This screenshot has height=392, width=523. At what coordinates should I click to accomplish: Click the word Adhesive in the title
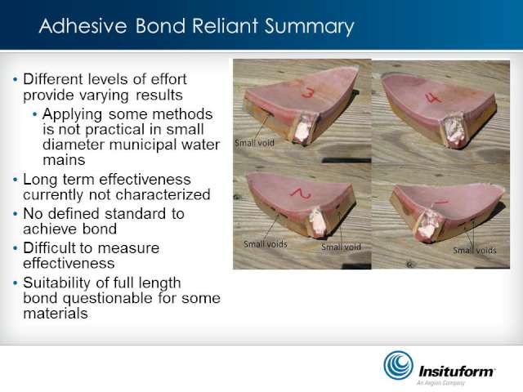[83, 26]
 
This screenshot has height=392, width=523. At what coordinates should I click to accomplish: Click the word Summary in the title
[309, 27]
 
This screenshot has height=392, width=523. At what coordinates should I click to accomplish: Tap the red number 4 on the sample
[434, 97]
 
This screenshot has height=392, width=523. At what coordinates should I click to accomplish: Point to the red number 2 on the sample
[301, 194]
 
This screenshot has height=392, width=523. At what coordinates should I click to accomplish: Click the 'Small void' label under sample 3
[254, 143]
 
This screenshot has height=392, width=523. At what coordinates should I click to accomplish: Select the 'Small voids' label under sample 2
[266, 244]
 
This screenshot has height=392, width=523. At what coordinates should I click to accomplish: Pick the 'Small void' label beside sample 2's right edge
[341, 247]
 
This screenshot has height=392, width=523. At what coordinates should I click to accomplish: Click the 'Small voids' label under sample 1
[475, 251]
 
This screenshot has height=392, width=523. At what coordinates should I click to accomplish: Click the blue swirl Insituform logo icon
[398, 365]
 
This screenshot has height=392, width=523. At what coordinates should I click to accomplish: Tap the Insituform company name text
[457, 371]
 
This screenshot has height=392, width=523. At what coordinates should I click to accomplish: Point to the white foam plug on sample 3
[303, 128]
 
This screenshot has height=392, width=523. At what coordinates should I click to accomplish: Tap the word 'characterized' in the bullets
[163, 194]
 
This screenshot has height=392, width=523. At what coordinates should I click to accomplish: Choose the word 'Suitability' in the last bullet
[57, 283]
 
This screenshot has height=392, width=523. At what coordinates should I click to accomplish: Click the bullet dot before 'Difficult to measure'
[15, 248]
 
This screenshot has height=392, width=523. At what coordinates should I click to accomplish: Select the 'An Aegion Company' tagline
[440, 383]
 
